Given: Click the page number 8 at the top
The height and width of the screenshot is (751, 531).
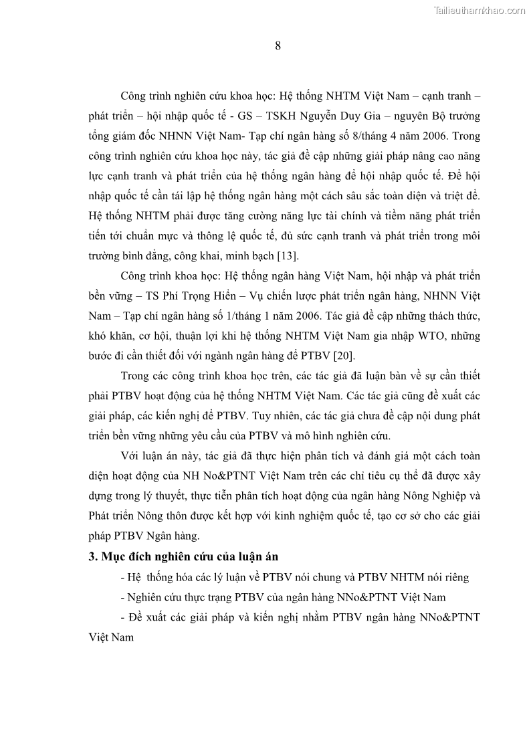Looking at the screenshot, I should (x=278, y=46).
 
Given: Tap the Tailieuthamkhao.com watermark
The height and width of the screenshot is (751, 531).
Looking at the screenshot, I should (x=479, y=10).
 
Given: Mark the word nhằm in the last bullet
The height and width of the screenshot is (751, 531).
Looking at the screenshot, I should (x=305, y=617).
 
